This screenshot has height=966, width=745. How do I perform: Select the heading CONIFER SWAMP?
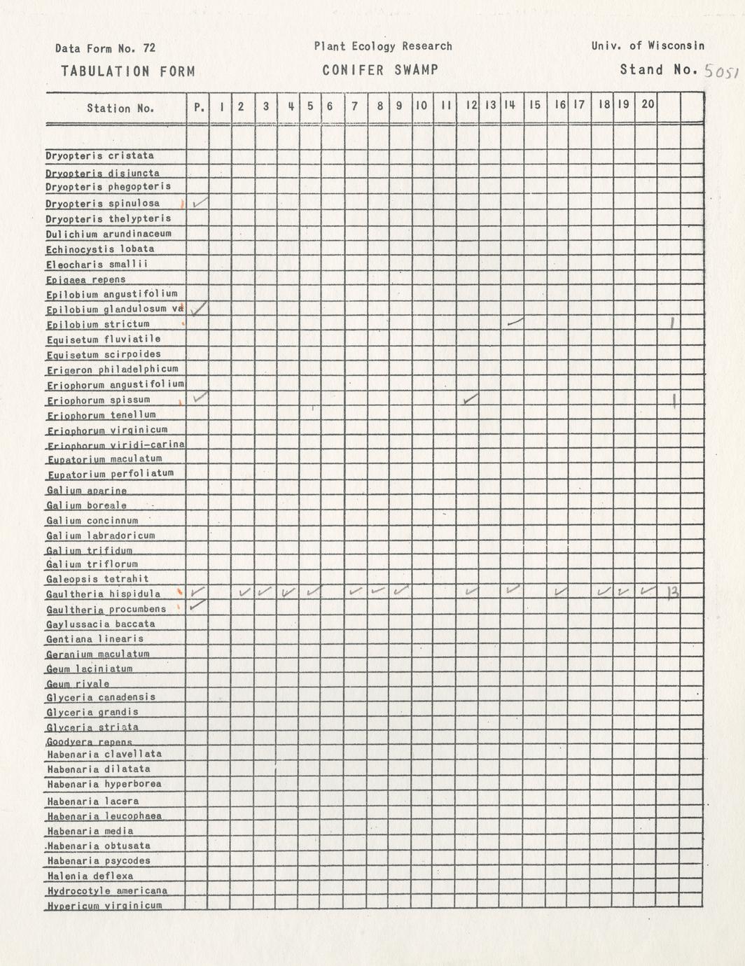tap(380, 70)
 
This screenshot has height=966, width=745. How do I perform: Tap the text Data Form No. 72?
tap(105, 48)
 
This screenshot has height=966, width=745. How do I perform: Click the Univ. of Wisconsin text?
tap(648, 45)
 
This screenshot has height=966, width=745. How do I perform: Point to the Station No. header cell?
tap(120, 108)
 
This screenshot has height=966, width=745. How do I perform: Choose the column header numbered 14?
tap(509, 105)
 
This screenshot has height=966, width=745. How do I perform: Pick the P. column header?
tap(199, 107)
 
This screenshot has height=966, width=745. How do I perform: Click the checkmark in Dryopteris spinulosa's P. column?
tap(200, 202)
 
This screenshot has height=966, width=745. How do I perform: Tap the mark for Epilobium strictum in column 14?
tap(515, 321)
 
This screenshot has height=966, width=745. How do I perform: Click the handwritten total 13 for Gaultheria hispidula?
tap(673, 594)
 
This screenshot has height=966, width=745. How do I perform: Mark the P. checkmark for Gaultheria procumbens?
tap(197, 604)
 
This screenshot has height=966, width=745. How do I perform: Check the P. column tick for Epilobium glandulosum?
tap(199, 307)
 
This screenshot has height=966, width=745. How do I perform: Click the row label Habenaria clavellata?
tap(104, 754)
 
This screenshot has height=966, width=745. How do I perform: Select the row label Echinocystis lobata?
tap(100, 248)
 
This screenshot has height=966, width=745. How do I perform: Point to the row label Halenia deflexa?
tap(90, 876)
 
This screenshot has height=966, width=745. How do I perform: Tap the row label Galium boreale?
tap(87, 505)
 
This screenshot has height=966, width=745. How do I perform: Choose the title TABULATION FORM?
tap(127, 71)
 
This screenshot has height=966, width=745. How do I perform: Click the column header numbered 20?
tap(648, 104)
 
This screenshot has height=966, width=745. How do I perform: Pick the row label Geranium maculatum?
tap(98, 654)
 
